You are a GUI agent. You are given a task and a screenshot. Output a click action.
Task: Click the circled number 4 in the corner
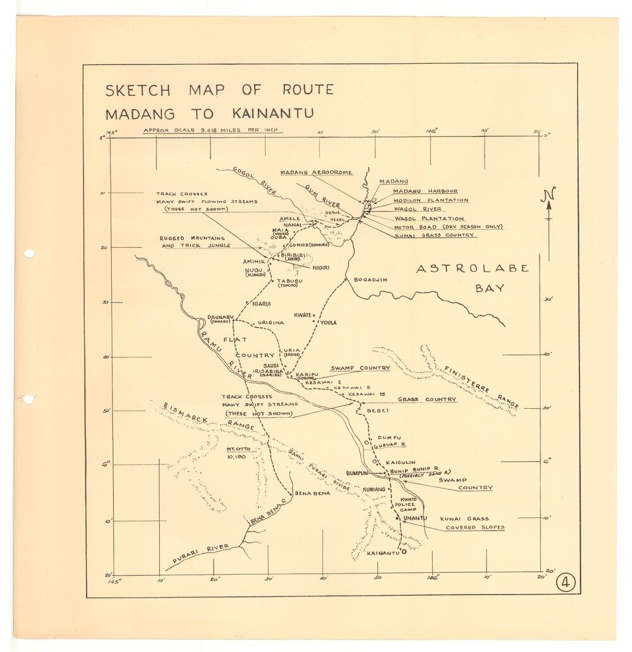coord(564,583)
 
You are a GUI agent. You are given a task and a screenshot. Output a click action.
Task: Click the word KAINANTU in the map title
coord(272,114)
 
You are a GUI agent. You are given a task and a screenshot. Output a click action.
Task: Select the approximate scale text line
coord(212,131)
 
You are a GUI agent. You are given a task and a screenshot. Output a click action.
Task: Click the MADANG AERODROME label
coord(316,172)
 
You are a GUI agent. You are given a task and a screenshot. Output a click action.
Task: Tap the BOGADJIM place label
coord(370,279)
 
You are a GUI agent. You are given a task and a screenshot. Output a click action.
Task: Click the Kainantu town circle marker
coord(404,552)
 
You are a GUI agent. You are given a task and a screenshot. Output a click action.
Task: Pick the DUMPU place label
coord(389,437)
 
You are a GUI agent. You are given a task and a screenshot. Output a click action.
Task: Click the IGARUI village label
coord(261,304)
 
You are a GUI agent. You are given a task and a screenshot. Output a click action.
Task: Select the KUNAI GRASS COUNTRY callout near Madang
coord(434,235)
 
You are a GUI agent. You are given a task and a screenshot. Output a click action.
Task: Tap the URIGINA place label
coord(269,323)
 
